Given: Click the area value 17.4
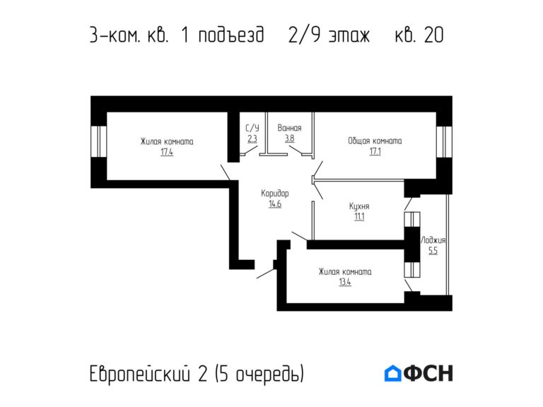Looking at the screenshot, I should point(167,152).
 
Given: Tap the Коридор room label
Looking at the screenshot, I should point(274,193).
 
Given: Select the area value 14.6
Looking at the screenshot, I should point(275,204).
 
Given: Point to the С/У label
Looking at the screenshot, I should point(252,128).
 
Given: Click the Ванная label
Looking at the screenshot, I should point(289,128).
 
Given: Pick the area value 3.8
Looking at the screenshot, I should point(289,138).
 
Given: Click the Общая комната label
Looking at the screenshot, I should point(375,141).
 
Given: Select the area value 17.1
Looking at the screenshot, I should point(375,151).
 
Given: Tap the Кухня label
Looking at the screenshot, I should point(359,206).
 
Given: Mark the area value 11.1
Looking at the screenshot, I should point(359,217).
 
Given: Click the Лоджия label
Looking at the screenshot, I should point(433,240).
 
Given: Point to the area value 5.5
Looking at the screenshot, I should point(433,250).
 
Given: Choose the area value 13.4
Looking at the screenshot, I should point(345,283).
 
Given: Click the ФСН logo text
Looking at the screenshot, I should point(428,373).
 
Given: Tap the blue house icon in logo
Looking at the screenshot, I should point(392,373).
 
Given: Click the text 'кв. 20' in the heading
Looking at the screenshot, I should point(419,35).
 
